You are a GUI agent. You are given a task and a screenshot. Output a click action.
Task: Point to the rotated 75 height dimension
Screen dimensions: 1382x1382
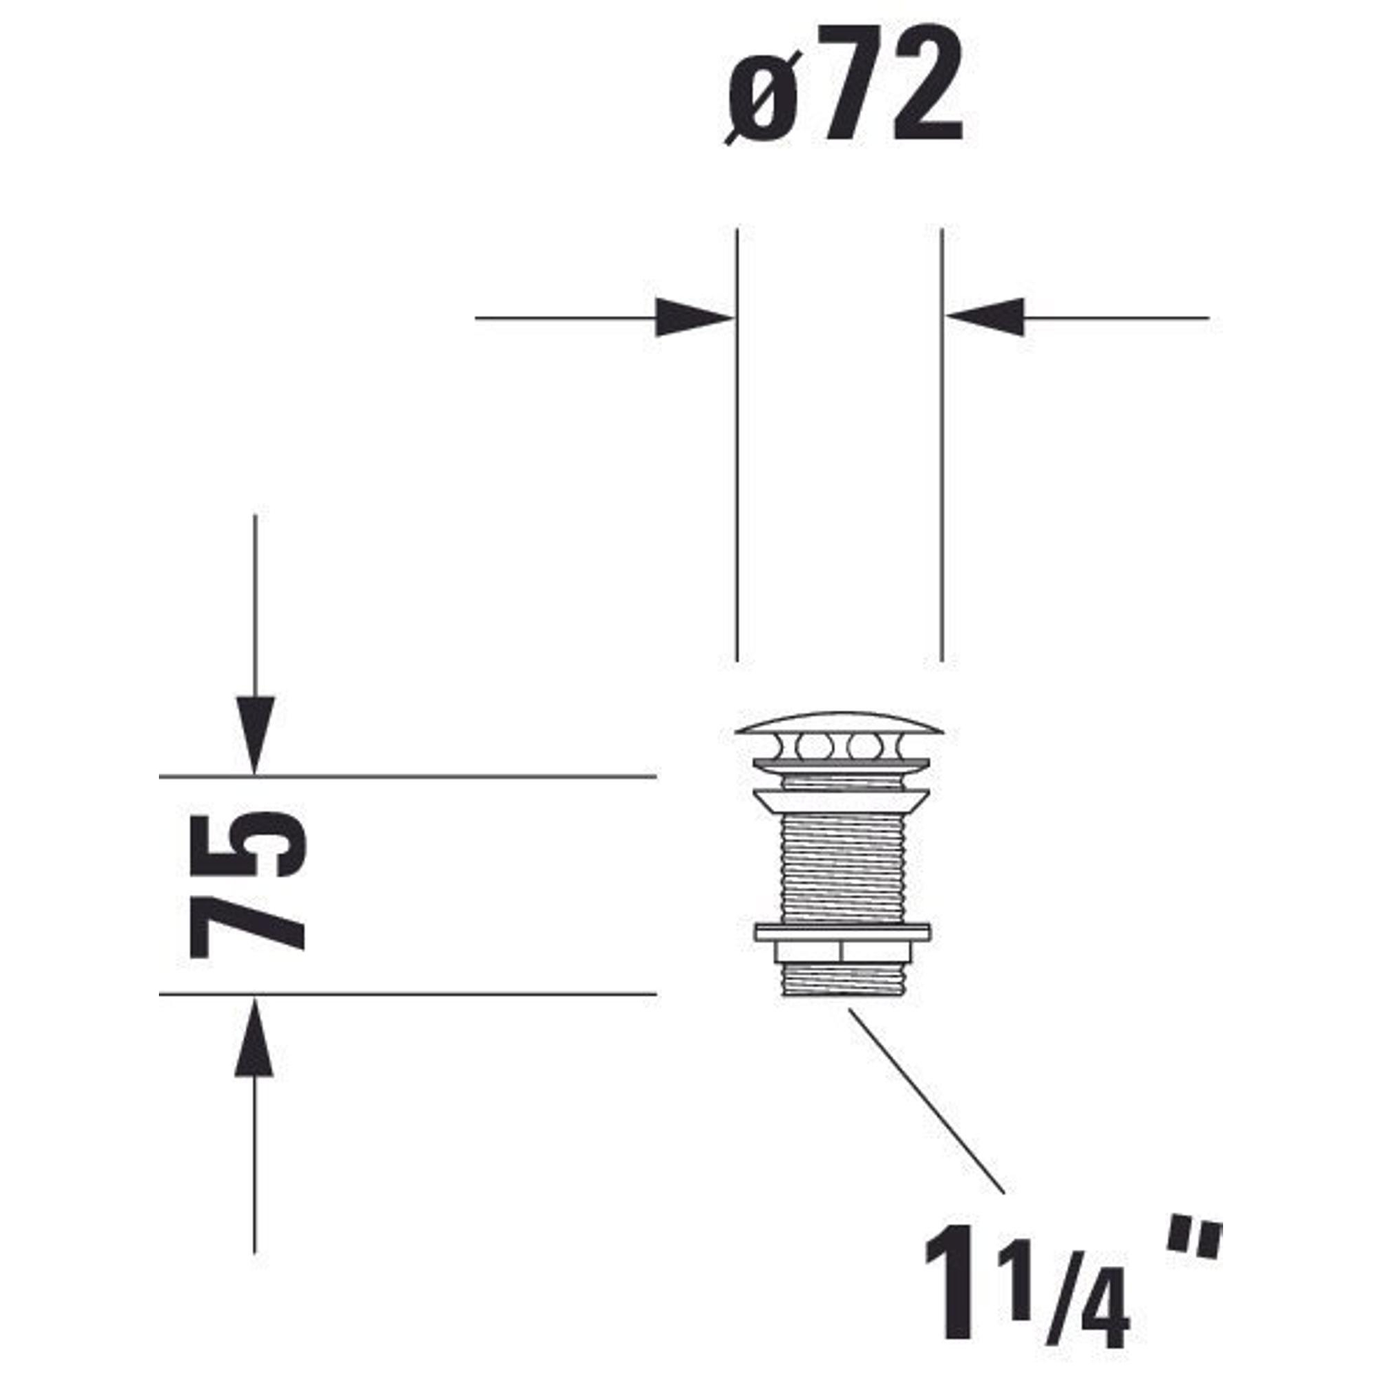[247, 884]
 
